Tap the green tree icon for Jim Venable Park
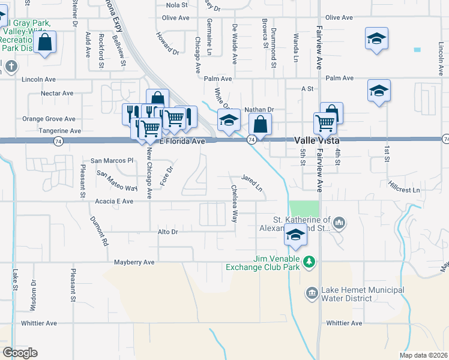click(309, 262)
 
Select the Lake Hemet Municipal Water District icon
click(312, 293)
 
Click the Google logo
click(20, 353)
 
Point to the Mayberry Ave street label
click(134, 262)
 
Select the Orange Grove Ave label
click(49, 119)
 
